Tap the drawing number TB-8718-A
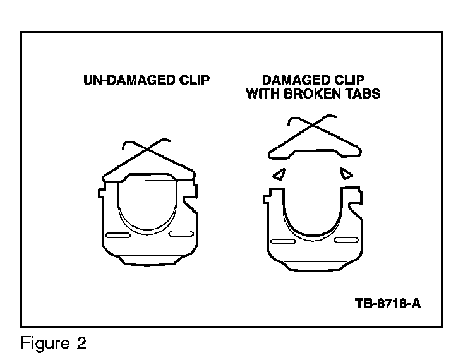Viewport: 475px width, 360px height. pos(388,303)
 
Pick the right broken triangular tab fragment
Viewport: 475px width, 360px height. pos(346,172)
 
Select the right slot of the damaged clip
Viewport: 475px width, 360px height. pos(344,240)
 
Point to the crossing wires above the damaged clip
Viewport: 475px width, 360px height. pos(310,126)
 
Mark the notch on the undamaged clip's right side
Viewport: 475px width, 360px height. pos(189,203)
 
